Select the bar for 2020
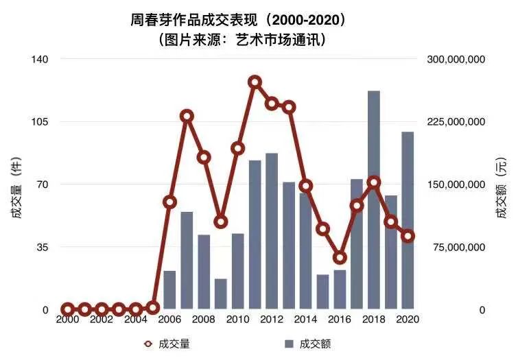pos(408,219)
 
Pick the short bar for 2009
pos(221,293)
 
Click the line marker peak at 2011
pos(255,82)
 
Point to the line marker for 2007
pos(187,116)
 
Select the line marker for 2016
pos(340,258)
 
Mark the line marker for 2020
pos(408,236)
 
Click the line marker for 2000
pos(68,309)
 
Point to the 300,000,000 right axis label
pos(456,60)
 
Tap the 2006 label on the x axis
pos(169,320)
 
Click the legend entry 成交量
pos(172,344)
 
